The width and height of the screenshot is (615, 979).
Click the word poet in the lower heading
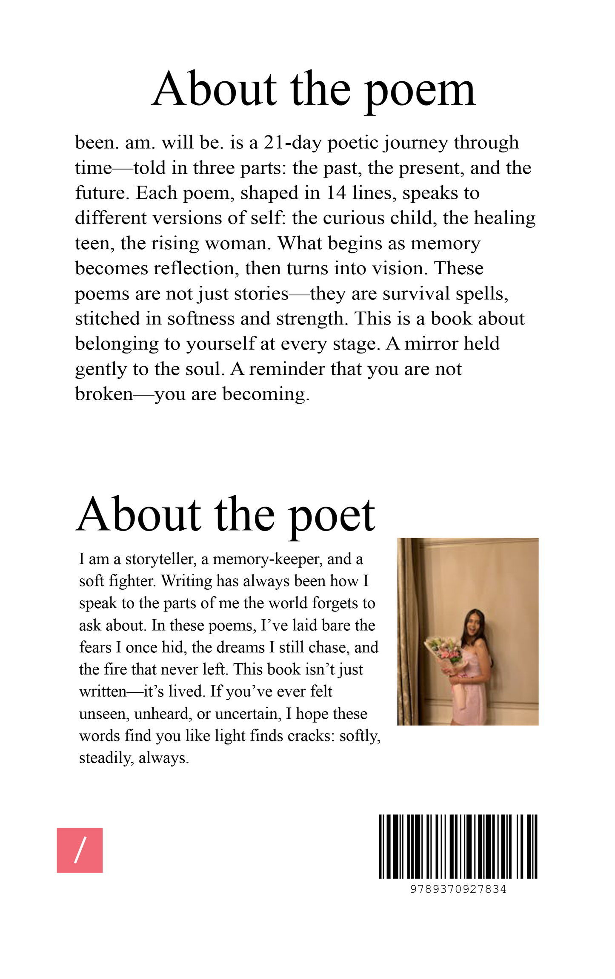[x=332, y=516]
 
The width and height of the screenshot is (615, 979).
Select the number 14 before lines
[x=336, y=193]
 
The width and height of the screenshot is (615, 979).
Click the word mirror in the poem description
[x=431, y=344]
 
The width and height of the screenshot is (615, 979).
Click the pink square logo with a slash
[x=80, y=850]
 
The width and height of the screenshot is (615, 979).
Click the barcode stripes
[x=458, y=847]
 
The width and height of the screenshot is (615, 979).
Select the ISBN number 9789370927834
[x=458, y=889]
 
